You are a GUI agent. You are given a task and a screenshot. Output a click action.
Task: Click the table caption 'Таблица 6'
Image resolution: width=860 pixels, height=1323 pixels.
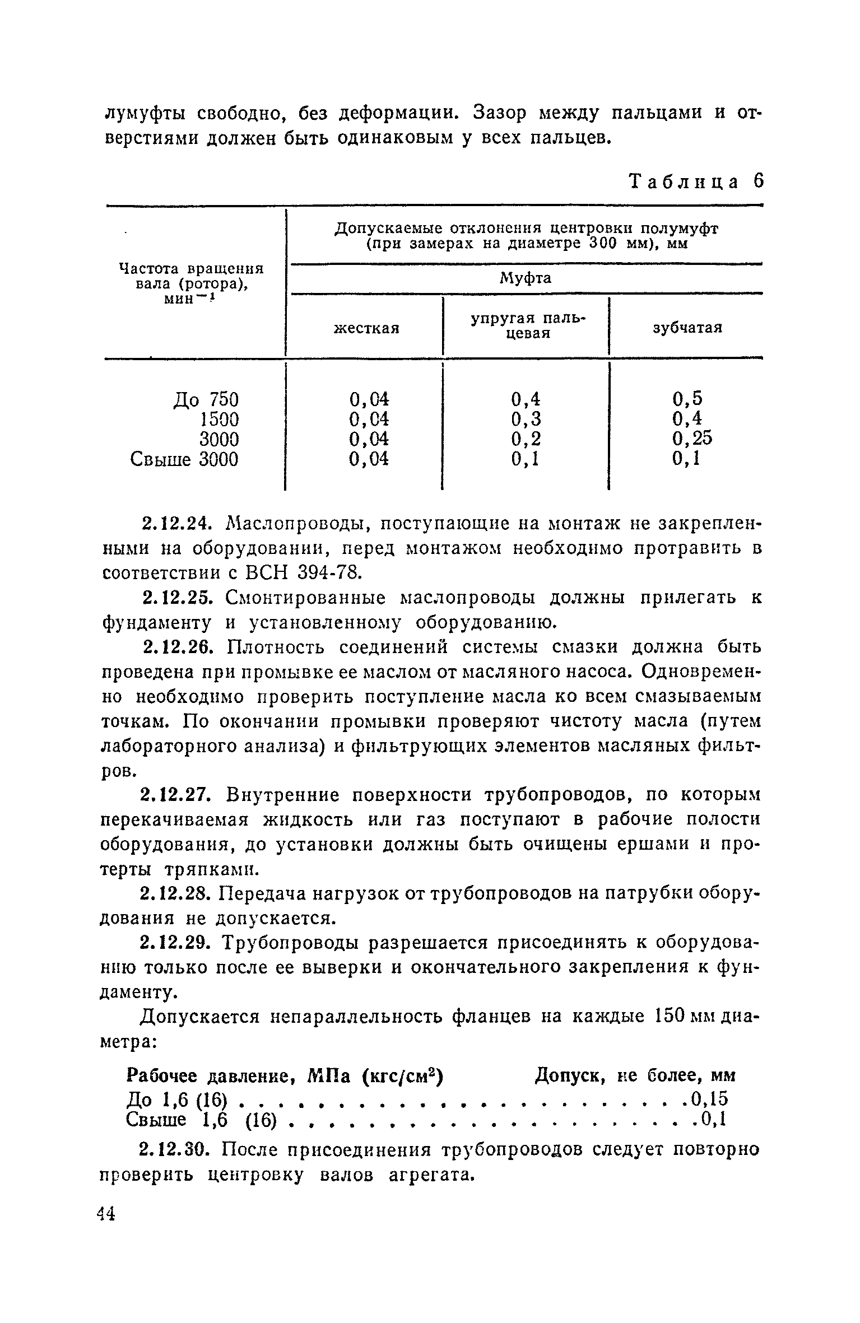(x=696, y=182)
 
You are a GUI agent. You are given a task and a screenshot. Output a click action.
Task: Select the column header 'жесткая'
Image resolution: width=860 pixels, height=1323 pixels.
(x=366, y=328)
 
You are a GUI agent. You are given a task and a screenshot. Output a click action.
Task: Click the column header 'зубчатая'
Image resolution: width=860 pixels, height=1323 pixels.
(x=687, y=328)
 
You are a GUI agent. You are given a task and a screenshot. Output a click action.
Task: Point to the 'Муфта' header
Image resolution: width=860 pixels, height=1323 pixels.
(x=525, y=278)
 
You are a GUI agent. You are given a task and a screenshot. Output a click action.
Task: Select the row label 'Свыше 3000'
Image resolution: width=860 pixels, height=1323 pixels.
(x=184, y=459)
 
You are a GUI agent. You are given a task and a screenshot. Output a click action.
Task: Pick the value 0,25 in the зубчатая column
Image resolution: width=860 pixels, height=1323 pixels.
(x=692, y=439)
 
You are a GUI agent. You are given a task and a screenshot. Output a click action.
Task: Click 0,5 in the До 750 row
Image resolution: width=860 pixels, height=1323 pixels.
(x=687, y=399)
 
